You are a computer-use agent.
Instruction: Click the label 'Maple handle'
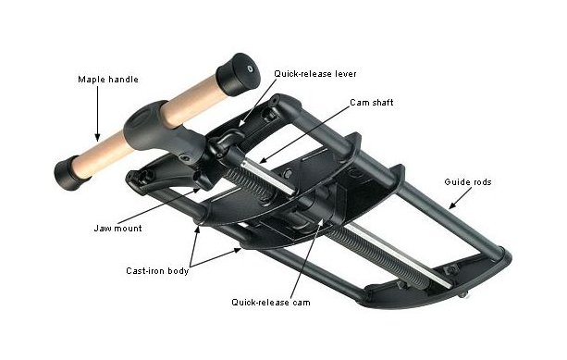[107, 80]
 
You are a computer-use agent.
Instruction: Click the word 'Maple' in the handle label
[92, 80]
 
